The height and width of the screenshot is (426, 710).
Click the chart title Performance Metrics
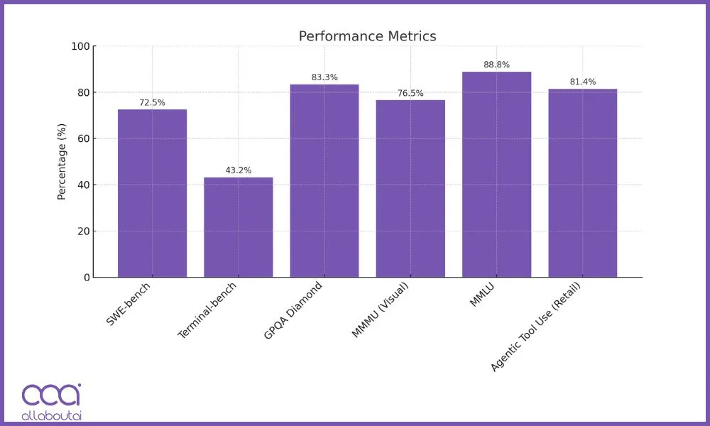367,36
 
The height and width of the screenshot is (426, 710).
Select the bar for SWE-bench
152,193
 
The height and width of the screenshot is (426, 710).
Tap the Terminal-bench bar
238,227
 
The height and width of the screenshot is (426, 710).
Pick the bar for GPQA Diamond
324,181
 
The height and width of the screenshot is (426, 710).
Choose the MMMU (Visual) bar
410,189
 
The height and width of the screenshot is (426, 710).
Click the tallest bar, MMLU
496,175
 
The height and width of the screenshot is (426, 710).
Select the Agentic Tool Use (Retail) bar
583,183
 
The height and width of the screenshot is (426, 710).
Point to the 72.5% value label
152,103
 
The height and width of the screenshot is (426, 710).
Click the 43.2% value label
238,170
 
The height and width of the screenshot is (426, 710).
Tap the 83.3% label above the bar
324,77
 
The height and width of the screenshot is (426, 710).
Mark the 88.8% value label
496,65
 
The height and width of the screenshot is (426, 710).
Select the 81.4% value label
583,82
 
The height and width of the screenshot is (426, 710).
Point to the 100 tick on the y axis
80,47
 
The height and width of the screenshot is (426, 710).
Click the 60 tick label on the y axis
83,139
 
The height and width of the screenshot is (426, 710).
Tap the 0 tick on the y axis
86,278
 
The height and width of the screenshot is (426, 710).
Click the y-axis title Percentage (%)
62,162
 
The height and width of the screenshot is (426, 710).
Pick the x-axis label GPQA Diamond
293,310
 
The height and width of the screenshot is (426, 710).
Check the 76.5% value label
410,94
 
